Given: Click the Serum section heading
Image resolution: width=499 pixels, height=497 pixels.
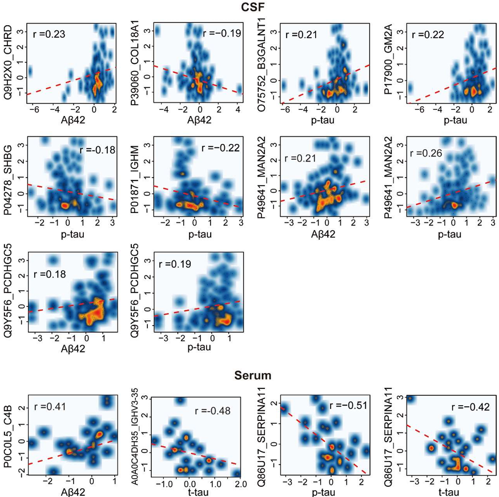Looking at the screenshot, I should pos(252,376).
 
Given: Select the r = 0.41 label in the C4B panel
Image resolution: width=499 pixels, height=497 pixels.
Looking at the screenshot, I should pos(49,408).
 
